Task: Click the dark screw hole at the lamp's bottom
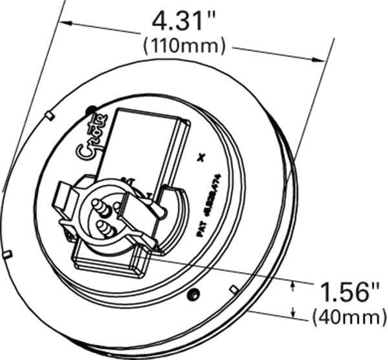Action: (x=191, y=295)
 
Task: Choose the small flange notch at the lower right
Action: (x=233, y=288)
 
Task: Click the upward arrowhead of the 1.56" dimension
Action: (x=295, y=284)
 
